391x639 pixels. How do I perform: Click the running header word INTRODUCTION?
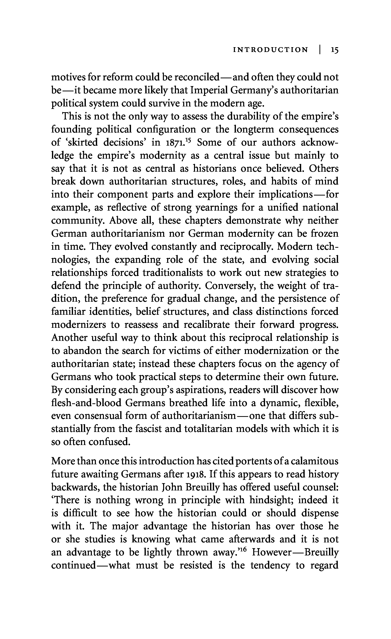tap(271, 50)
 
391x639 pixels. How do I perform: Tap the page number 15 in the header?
tap(335, 50)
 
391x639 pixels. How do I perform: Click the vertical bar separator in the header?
tap(320, 49)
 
